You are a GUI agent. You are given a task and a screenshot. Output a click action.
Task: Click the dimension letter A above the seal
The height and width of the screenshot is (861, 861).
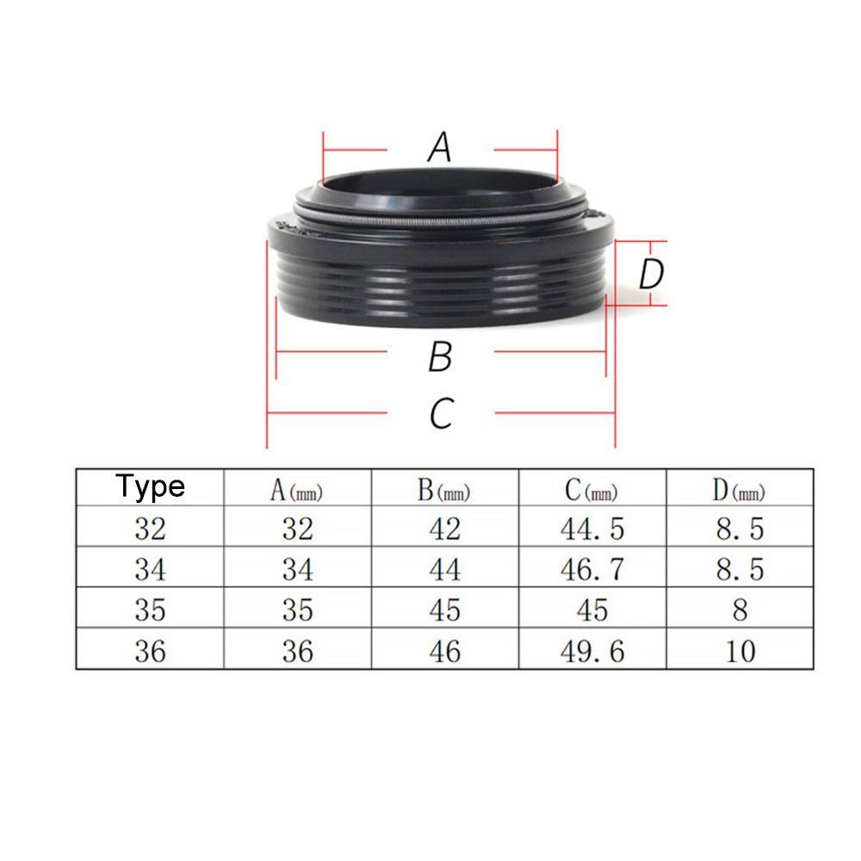tap(440, 147)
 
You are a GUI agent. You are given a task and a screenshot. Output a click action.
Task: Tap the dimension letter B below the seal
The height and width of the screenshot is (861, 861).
tap(440, 356)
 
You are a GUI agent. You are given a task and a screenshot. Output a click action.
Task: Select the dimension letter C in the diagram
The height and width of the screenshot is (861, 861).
tap(441, 414)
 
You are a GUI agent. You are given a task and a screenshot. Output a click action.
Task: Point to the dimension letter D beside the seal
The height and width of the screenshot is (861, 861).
tap(652, 275)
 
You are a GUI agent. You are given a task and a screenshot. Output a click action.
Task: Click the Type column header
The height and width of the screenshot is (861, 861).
tap(151, 486)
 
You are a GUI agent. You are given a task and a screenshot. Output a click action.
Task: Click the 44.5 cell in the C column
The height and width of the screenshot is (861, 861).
tap(592, 529)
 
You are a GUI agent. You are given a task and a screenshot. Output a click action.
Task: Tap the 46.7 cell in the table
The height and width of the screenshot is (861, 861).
tap(592, 569)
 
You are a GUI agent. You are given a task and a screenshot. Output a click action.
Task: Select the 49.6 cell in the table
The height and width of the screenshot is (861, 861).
tap(592, 651)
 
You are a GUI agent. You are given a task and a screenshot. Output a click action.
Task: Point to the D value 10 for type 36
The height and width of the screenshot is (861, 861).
tap(740, 651)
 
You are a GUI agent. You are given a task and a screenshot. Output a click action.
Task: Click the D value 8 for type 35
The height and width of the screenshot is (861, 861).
tap(740, 610)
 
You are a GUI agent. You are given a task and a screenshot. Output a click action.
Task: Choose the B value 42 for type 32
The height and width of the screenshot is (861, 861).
tap(444, 529)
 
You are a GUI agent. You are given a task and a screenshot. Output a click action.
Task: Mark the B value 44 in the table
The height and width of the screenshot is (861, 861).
tap(444, 569)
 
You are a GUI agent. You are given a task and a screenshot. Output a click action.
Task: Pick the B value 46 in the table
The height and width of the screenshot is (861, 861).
tap(444, 651)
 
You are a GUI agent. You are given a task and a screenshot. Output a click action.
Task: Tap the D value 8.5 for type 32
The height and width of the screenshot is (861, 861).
tap(740, 529)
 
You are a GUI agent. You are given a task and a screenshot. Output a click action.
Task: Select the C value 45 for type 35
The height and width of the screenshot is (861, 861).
tap(592, 610)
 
